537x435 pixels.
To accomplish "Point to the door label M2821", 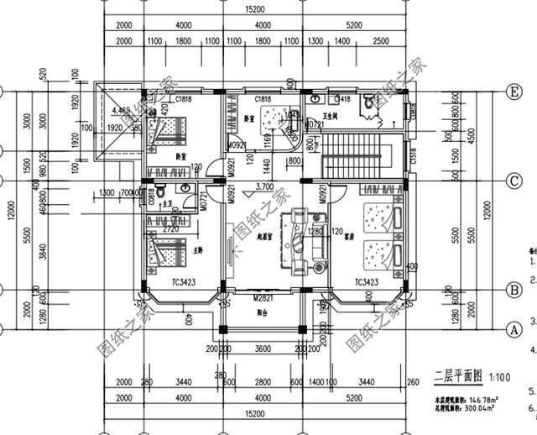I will pos(263,298).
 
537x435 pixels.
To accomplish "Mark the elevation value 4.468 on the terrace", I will pos(120,110).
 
